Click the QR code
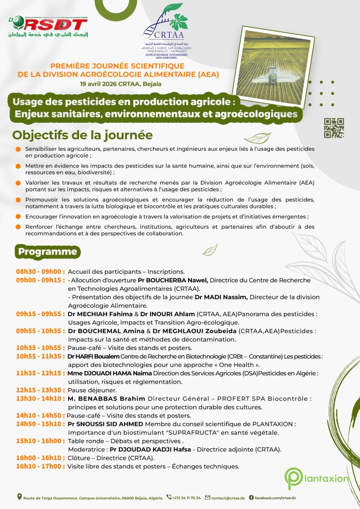334,128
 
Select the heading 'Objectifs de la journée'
83,135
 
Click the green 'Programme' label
48,252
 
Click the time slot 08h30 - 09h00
40,272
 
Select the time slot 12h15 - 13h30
40,390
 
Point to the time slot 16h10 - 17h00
40,466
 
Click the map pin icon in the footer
19,497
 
